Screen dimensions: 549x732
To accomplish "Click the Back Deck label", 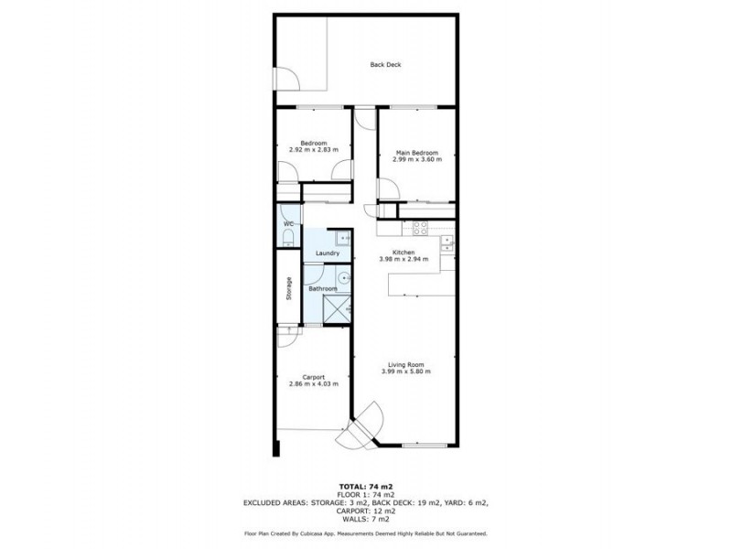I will tap(385, 65).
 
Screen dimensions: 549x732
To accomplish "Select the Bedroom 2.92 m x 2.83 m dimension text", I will tap(313, 149).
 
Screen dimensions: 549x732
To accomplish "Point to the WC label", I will tap(287, 224).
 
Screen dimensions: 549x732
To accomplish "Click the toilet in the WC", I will tap(287, 240).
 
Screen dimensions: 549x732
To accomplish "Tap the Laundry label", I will tap(327, 253).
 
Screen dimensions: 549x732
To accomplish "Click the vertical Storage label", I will tap(288, 288).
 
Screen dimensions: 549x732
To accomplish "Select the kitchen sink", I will tap(447, 242).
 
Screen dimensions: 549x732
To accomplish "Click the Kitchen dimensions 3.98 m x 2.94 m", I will tap(404, 259).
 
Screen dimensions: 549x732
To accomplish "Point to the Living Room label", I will tap(404, 364).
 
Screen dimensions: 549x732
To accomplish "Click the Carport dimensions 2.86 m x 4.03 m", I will tap(313, 383).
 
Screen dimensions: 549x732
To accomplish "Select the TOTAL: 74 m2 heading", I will tap(366, 487).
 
